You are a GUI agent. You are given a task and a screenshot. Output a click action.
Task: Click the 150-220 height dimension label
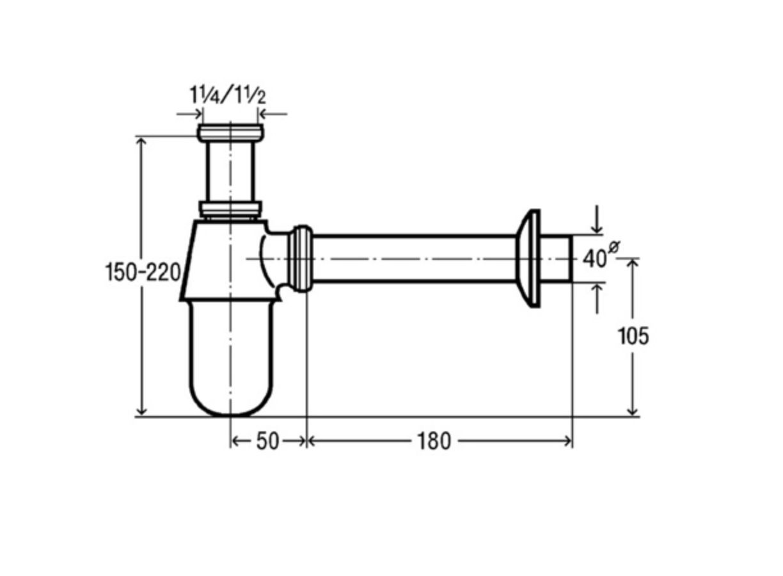(143, 273)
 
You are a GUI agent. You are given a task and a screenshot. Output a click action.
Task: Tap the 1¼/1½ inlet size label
(228, 95)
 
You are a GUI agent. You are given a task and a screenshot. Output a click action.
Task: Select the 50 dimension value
(268, 442)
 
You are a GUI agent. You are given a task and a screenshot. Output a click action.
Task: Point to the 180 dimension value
(434, 442)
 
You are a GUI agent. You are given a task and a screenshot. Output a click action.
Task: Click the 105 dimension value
(633, 336)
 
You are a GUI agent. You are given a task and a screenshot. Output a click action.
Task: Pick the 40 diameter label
(594, 259)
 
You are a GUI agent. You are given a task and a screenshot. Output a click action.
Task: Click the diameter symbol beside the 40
(613, 246)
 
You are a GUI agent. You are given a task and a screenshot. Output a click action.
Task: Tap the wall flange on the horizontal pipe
(528, 259)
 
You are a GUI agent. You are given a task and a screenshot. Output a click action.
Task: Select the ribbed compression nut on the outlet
(300, 259)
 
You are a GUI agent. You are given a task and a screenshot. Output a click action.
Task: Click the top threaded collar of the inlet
(230, 133)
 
